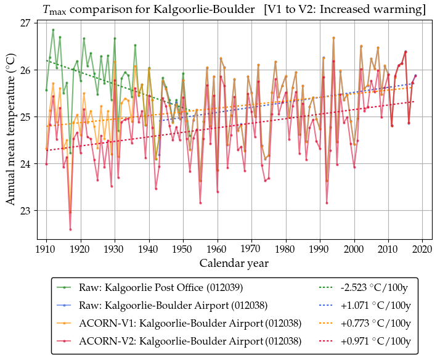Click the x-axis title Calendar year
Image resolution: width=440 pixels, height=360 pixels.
pos(234,264)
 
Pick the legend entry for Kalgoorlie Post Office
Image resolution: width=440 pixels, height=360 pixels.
pos(160,287)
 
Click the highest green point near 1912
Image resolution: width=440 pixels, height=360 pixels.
pos(53,30)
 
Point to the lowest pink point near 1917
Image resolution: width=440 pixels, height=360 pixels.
pos(70,229)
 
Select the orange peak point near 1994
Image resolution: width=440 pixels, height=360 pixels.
pos(333,38)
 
